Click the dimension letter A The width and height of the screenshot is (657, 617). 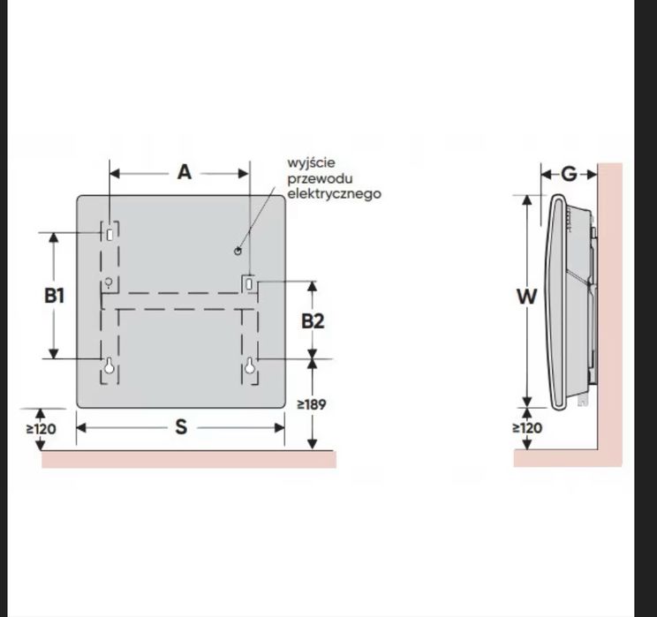click(185, 172)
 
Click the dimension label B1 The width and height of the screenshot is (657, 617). click(55, 296)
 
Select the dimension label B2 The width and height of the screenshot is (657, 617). click(313, 321)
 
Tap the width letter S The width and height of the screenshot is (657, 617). click(181, 427)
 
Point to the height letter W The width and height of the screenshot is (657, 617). click(526, 297)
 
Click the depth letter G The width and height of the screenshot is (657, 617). click(569, 174)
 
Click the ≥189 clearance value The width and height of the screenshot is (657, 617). click(312, 404)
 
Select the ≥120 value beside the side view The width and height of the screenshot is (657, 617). click(527, 428)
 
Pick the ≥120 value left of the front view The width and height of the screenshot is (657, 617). click(41, 429)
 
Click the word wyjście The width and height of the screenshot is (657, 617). click(312, 163)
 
